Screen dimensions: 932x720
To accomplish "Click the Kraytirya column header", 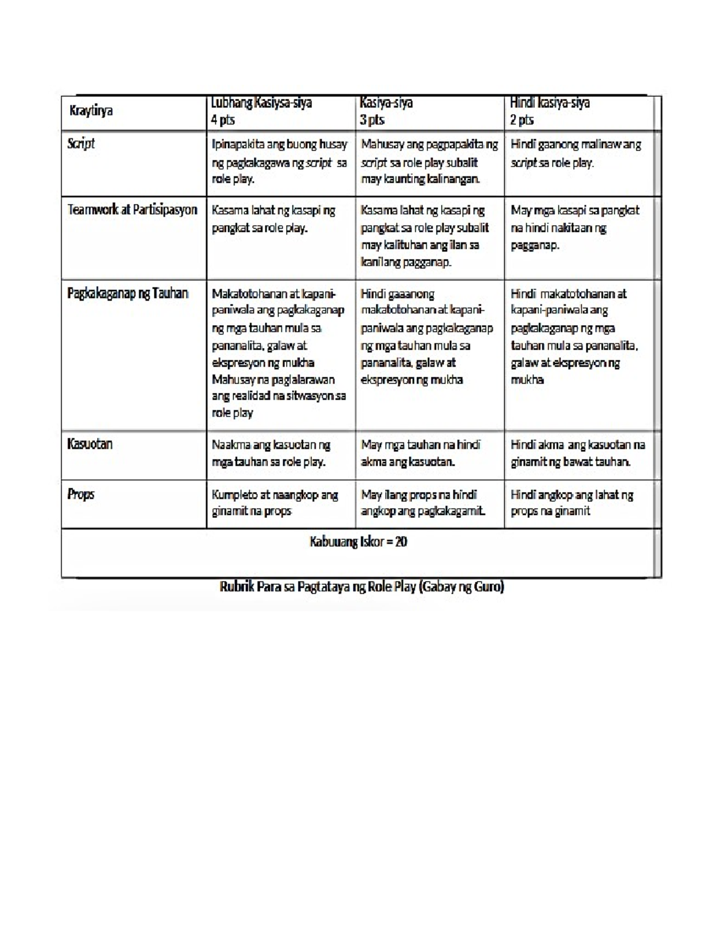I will coord(91,111).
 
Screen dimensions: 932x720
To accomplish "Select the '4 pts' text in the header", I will coord(223,120).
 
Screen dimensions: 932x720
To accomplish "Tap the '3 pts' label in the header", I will coord(372,120).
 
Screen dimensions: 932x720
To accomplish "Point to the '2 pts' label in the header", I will coord(522,120).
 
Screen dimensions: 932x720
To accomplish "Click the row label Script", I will coord(81,143).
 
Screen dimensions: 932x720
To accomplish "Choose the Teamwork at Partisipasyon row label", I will coord(132,210).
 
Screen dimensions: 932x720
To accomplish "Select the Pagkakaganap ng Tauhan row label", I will coord(128,293).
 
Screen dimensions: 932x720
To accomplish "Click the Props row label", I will coord(81,495).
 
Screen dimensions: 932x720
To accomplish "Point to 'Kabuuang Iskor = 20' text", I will coord(359,542).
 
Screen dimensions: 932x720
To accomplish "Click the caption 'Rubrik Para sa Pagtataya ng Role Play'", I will coord(361,587).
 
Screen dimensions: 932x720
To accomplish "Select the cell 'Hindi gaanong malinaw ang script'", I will coord(576,154).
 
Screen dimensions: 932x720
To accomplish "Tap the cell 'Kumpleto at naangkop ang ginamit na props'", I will coord(275,503).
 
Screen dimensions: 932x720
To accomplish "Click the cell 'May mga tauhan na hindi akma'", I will coord(421,453).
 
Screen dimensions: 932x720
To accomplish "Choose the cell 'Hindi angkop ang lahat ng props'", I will coord(572,503).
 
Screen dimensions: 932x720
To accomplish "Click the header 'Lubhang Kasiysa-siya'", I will coord(262,103).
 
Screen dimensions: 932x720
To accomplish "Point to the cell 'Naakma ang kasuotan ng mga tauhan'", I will coord(271,453).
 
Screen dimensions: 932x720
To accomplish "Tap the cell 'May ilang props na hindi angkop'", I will coord(423,503).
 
